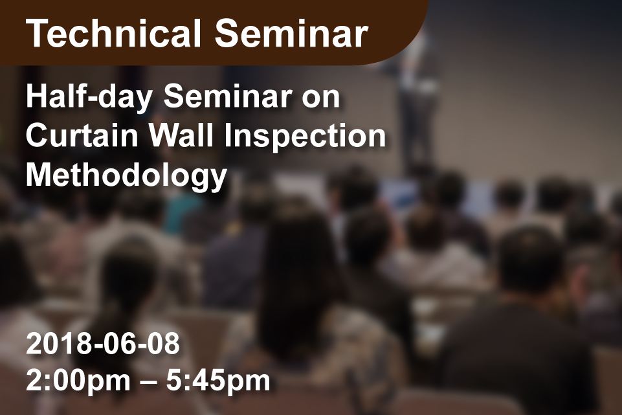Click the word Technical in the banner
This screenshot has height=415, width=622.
[x=114, y=34]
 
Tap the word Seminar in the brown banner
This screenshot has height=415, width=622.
[x=291, y=34]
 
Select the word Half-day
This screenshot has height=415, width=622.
[x=89, y=98]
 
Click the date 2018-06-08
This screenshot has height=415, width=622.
[x=103, y=344]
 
